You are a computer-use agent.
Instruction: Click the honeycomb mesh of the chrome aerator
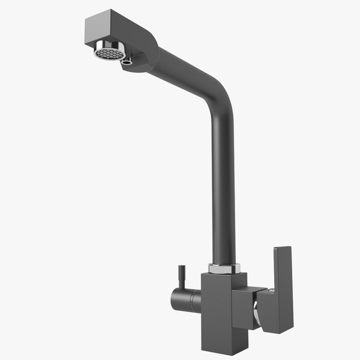109,53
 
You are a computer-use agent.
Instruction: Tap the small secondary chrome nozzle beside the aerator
126,60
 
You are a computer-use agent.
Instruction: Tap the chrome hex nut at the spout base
224,268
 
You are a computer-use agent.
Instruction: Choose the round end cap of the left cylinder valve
175,298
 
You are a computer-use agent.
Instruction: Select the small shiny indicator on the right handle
270,292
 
